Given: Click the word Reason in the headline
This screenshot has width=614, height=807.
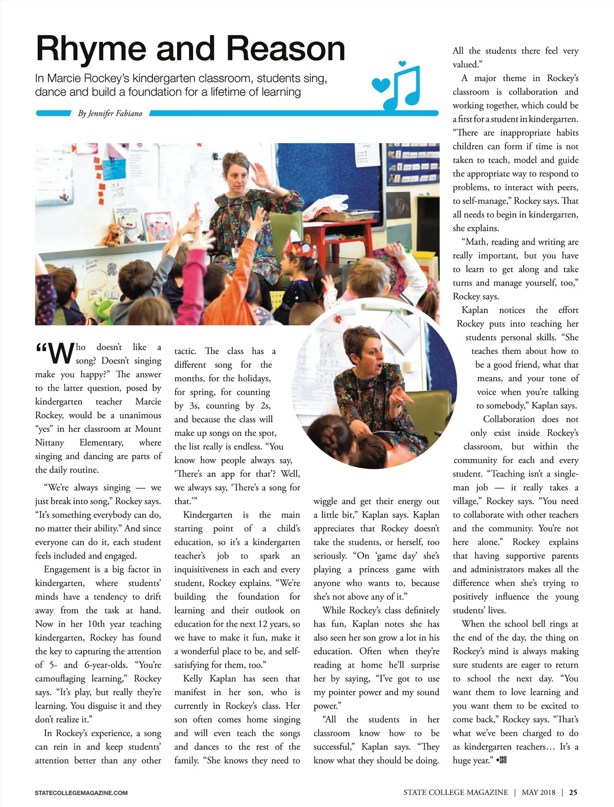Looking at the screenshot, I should coord(286,50).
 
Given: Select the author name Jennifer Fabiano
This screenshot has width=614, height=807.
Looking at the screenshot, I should coord(110,114).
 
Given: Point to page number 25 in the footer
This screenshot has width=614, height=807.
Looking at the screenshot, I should coord(573,792).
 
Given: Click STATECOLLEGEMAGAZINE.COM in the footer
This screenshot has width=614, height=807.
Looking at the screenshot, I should coord(81,793).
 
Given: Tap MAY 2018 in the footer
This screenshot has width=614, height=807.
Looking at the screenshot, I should coord(538,792).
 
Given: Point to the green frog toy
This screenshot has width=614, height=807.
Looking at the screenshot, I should coord(105,310).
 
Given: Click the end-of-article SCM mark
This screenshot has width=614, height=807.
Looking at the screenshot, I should coord(501,760).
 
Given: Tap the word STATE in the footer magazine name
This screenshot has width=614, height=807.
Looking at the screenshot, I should coord(414,792).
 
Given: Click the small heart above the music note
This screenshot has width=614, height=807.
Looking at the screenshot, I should coord(402,63).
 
